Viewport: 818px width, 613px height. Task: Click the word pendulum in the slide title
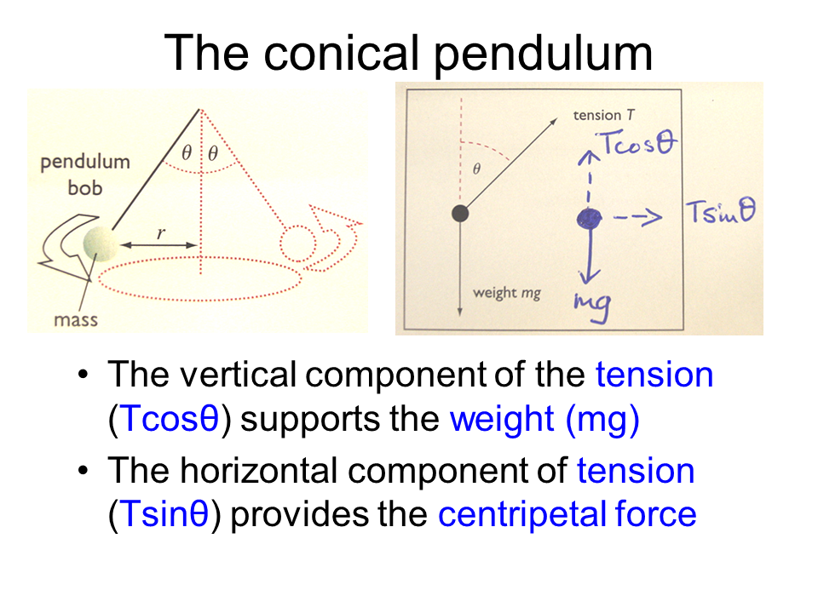point(543,53)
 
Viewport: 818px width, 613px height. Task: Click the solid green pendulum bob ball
point(101,243)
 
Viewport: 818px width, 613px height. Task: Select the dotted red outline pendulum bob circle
point(298,243)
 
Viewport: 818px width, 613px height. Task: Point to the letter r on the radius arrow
point(161,232)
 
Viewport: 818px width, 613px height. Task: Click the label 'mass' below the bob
point(76,319)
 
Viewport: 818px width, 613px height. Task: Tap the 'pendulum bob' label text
point(85,175)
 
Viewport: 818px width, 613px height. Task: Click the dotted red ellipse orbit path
point(199,279)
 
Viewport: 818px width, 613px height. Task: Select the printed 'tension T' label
point(603,115)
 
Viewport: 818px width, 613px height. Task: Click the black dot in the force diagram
point(460,213)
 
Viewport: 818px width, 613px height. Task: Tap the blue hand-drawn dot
point(590,219)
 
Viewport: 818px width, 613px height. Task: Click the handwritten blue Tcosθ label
point(637,143)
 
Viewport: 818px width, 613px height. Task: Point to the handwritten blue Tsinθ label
point(721,212)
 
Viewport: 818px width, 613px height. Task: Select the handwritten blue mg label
point(593,306)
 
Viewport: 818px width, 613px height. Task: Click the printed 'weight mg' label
point(506,294)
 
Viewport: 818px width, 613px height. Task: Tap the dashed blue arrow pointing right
point(637,217)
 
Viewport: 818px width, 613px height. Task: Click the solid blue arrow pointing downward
point(590,255)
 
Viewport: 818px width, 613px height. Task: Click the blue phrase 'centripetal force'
point(567,514)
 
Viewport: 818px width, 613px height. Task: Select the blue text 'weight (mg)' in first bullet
point(544,420)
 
